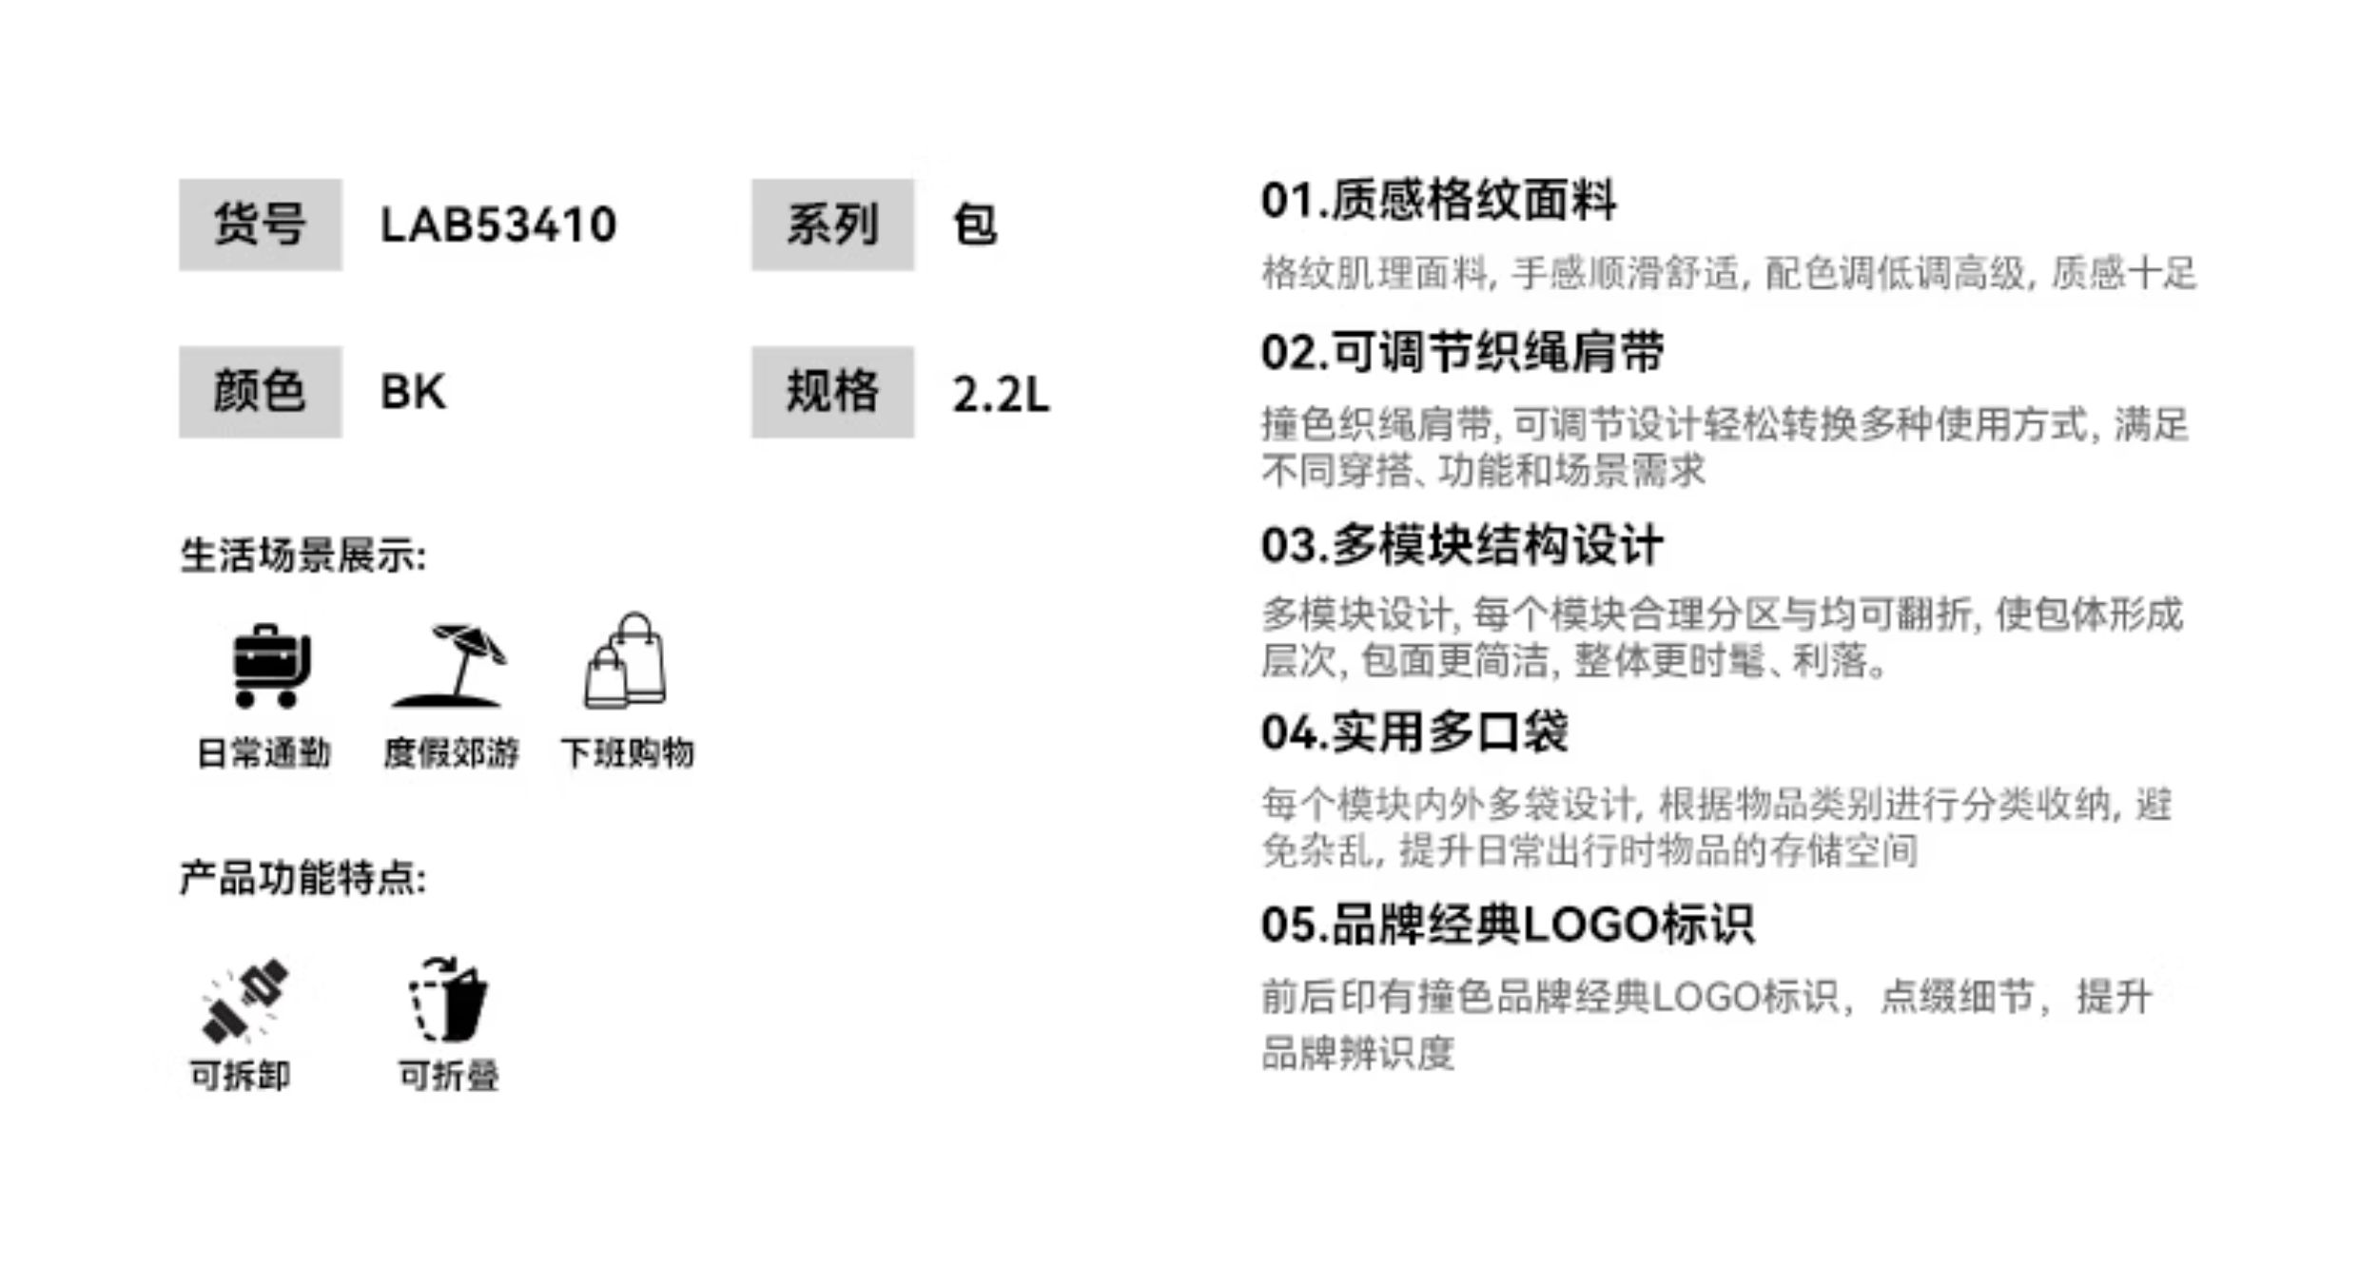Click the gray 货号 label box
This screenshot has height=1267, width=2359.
(260, 224)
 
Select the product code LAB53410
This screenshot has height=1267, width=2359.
(497, 225)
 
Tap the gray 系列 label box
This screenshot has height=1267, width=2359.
(832, 224)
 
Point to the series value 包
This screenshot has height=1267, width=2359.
(975, 225)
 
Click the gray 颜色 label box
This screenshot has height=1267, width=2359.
(260, 392)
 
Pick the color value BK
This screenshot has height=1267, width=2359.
(413, 392)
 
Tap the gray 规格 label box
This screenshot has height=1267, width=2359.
(832, 392)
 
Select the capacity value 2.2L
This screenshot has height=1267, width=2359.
(1001, 394)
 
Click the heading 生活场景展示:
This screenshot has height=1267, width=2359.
(303, 556)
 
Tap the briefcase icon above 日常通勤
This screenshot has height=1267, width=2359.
(271, 666)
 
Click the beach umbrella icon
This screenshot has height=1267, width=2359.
(450, 666)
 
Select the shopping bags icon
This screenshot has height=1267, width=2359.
(626, 662)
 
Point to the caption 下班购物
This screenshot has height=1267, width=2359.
(628, 753)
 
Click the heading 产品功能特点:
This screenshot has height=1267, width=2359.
(303, 878)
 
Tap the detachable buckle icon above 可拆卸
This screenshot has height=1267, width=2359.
(244, 1001)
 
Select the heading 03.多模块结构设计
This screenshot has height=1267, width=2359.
(1462, 546)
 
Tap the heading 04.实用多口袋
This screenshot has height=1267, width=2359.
(1414, 732)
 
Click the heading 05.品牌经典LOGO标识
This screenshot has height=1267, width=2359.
(1508, 925)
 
